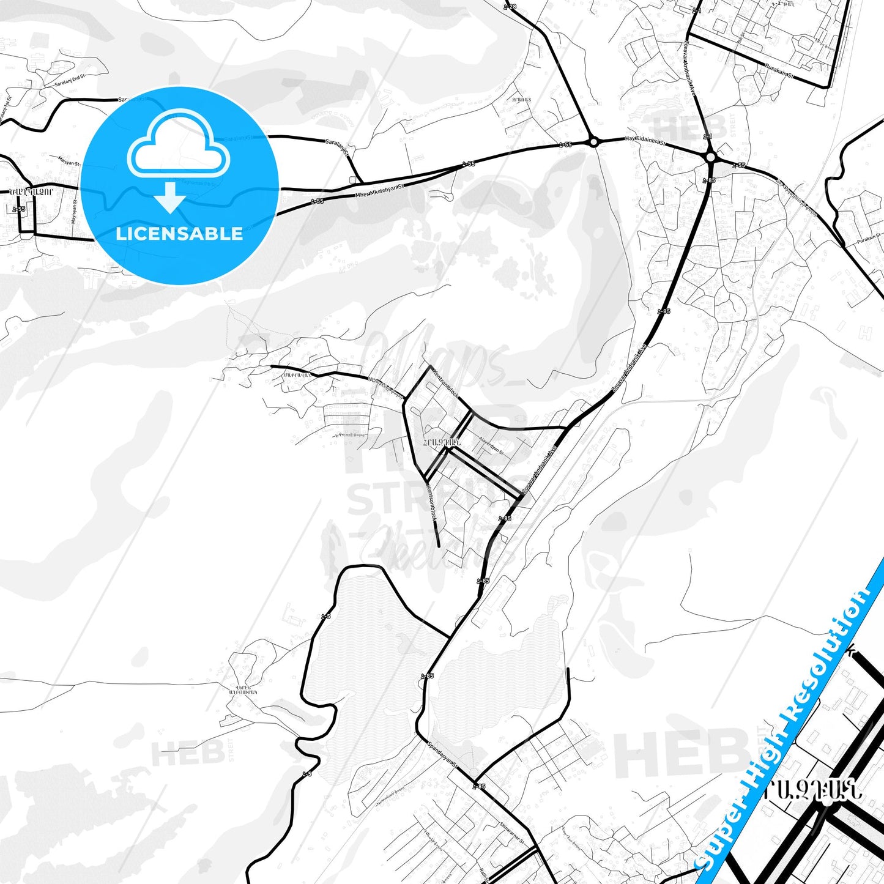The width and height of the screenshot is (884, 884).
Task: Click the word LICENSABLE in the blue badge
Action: pos(179,234)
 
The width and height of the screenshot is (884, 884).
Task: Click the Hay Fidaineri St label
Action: pos(645,140)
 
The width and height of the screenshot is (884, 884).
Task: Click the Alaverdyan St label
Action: pos(491,445)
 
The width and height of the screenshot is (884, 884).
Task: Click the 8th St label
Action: pos(741,37)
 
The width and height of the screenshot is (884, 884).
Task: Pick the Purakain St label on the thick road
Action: pos(778,72)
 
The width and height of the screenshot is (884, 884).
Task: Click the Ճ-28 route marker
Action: pos(510,7)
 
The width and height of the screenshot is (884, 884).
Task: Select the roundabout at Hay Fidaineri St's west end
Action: pos(593,142)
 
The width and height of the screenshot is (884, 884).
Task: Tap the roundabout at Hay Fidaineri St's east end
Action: pos(710,157)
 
